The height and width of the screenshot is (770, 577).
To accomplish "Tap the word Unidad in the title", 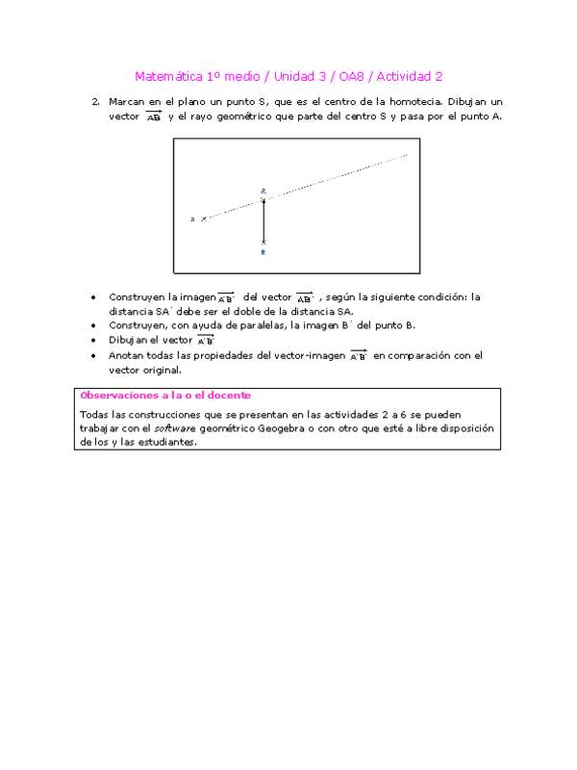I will pos(297,76).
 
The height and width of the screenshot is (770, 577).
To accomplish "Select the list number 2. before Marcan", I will pos(95,101).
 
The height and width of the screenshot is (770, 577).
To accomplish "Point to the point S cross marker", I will pos(203,219).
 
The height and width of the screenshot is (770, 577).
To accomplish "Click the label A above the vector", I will pos(263,192).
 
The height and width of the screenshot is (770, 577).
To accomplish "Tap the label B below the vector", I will pos(263,252).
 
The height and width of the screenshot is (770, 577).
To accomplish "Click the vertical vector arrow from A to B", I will pos(263,221).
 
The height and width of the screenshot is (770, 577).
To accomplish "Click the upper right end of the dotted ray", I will pos(407,154).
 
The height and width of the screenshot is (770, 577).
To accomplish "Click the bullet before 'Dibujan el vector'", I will pos(92,340).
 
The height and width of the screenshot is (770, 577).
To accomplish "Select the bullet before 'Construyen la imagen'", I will pos(92,297).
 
